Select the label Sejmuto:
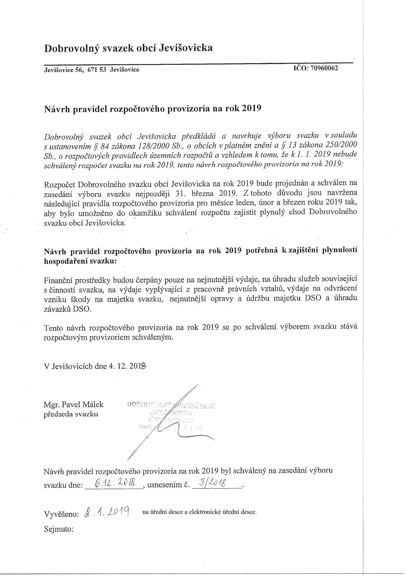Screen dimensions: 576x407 pos(59,529)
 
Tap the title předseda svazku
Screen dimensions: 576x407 pos(71,414)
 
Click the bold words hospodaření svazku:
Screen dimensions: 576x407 pos(80,261)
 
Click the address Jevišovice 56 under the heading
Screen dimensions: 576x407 pos(63,70)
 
